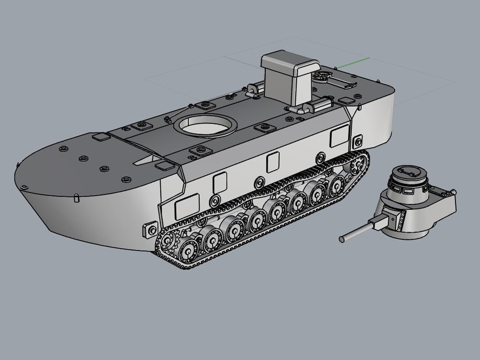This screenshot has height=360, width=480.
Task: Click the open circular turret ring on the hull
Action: coord(206,126)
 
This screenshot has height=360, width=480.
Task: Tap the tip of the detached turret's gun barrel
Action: coord(341,239)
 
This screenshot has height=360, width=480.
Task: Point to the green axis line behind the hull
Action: coord(353,61)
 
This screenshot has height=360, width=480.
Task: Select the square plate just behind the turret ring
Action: coord(263,127)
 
